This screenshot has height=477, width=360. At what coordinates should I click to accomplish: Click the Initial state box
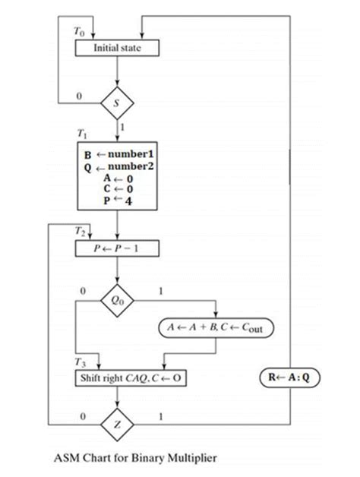click(x=116, y=48)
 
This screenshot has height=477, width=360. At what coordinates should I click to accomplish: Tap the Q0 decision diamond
click(x=117, y=300)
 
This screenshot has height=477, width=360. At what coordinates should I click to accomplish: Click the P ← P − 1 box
click(x=117, y=248)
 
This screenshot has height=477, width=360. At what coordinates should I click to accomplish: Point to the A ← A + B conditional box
click(x=216, y=328)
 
